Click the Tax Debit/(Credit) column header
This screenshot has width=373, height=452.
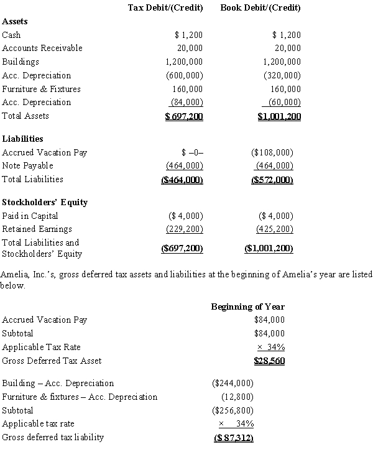tap(165, 8)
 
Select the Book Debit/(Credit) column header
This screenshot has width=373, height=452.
tap(260, 8)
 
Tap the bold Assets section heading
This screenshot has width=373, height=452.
tap(15, 21)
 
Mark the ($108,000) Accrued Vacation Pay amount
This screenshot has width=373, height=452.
tap(272, 152)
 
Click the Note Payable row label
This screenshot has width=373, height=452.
tap(28, 165)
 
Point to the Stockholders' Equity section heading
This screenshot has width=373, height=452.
tap(45, 202)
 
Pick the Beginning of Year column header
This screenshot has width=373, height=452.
tap(247, 307)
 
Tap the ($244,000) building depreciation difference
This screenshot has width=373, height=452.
tap(233, 384)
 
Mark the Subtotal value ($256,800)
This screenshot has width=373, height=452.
tap(233, 411)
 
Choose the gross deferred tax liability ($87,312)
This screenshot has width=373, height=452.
tap(233, 438)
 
